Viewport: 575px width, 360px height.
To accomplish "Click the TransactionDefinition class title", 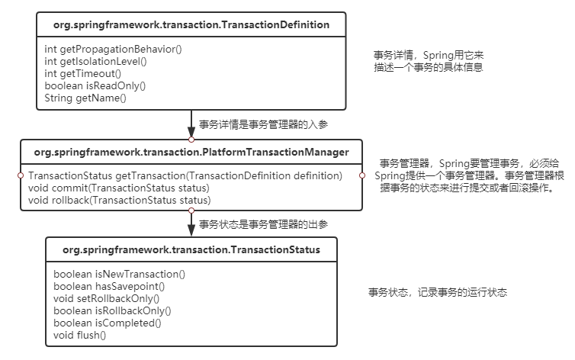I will tap(191, 24).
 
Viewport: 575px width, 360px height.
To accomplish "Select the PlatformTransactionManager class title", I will tap(191, 153).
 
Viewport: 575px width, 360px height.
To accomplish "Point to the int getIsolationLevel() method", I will tap(95, 61).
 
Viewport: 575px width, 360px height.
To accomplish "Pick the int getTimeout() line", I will tap(83, 73).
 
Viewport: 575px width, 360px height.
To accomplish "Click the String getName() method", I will tap(85, 98).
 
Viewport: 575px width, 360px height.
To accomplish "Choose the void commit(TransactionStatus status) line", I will tap(118, 188).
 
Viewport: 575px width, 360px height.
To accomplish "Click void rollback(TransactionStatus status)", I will tap(120, 200).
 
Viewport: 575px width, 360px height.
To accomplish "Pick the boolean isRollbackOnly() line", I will tap(113, 310).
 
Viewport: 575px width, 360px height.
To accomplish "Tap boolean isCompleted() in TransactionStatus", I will tap(108, 323).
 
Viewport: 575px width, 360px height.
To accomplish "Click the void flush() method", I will tap(79, 335).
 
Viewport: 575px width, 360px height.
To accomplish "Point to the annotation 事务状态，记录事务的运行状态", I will tap(438, 292).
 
